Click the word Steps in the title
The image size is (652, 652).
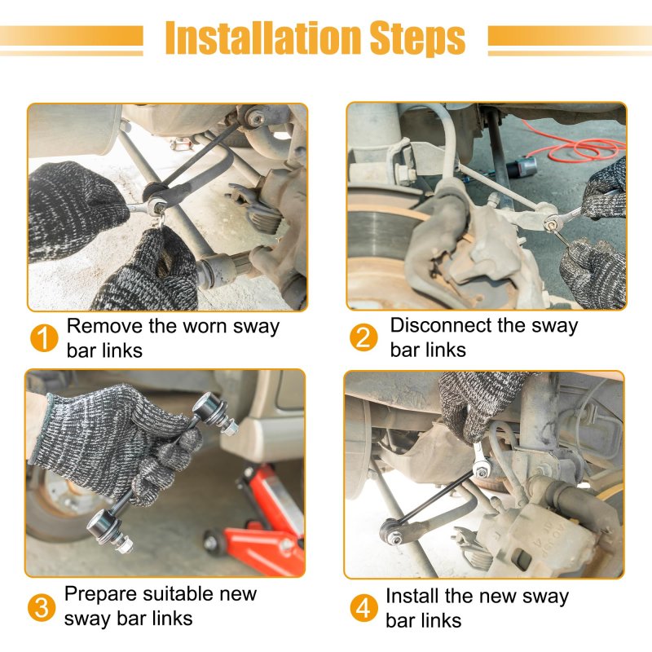[x=417, y=39]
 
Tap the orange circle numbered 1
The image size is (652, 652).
[x=44, y=338]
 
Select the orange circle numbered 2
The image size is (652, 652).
[x=363, y=337]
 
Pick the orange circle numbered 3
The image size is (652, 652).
[x=42, y=607]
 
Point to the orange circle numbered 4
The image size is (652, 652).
[x=363, y=608]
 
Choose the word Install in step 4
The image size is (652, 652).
[x=412, y=596]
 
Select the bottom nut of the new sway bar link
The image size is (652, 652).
[x=126, y=544]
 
